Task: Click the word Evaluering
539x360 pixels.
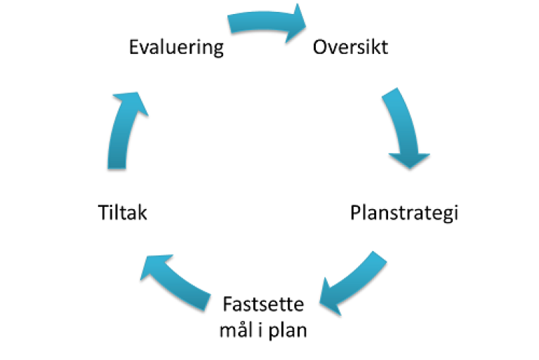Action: (x=177, y=48)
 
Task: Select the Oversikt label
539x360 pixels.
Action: (x=350, y=48)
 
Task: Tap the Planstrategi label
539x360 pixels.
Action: (x=404, y=212)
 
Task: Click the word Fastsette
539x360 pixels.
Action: (x=264, y=306)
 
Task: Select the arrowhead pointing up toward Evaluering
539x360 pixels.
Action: (x=133, y=102)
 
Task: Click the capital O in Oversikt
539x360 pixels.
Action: (x=321, y=48)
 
